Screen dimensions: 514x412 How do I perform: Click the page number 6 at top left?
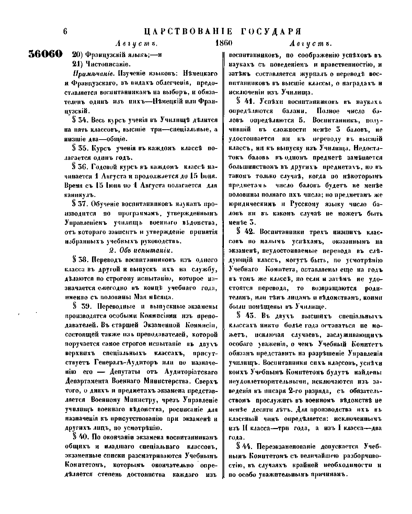(65, 31)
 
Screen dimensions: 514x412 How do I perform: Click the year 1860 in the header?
(224, 44)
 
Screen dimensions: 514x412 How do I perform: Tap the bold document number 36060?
(45, 54)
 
